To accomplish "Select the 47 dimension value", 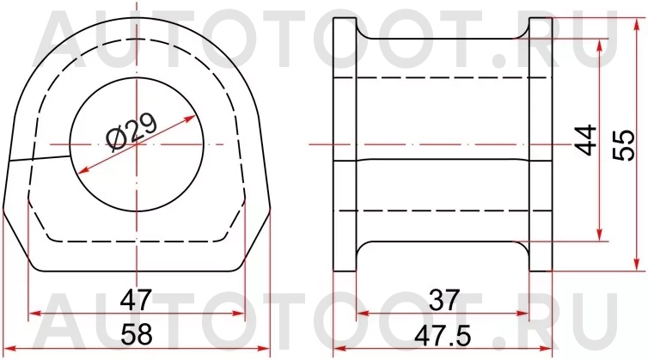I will [x=136, y=300].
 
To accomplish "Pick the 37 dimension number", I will [x=443, y=300].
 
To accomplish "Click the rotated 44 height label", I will [x=586, y=139].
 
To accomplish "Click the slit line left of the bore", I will [x=38, y=159].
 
